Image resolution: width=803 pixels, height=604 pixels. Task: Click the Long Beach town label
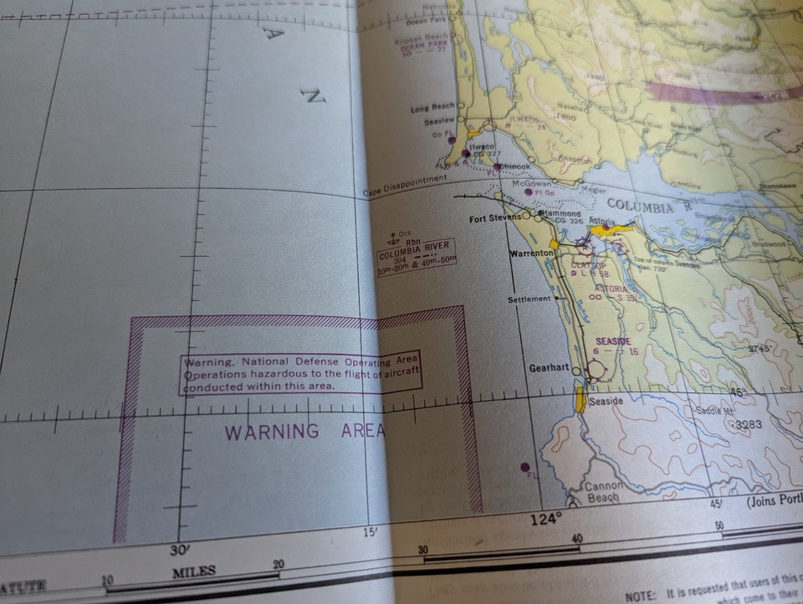432,108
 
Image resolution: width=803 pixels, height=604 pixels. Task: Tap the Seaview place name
439,121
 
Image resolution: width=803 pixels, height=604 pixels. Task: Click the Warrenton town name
531,252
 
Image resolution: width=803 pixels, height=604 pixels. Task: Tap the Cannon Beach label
603,492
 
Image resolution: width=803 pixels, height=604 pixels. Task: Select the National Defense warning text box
301,373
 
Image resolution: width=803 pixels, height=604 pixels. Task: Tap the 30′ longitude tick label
178,550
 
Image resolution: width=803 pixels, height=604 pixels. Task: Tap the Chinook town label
515,167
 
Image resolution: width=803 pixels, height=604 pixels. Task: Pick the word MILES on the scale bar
194,572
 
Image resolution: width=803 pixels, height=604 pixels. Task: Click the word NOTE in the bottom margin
642,595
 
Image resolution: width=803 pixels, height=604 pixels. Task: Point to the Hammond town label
562,214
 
